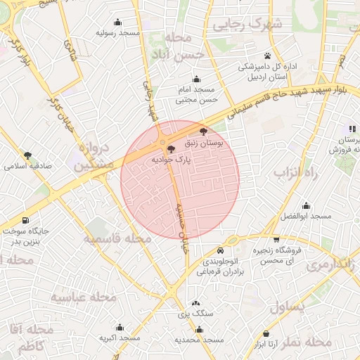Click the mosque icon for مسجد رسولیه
point(117,22)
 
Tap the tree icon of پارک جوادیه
point(172,148)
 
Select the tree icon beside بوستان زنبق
point(203,131)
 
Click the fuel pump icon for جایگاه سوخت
point(26,219)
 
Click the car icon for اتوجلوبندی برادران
point(221,250)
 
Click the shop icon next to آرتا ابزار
point(266,333)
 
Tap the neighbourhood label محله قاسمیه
point(118,239)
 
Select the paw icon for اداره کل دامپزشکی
point(267,56)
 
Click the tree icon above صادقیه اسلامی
point(28,155)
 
